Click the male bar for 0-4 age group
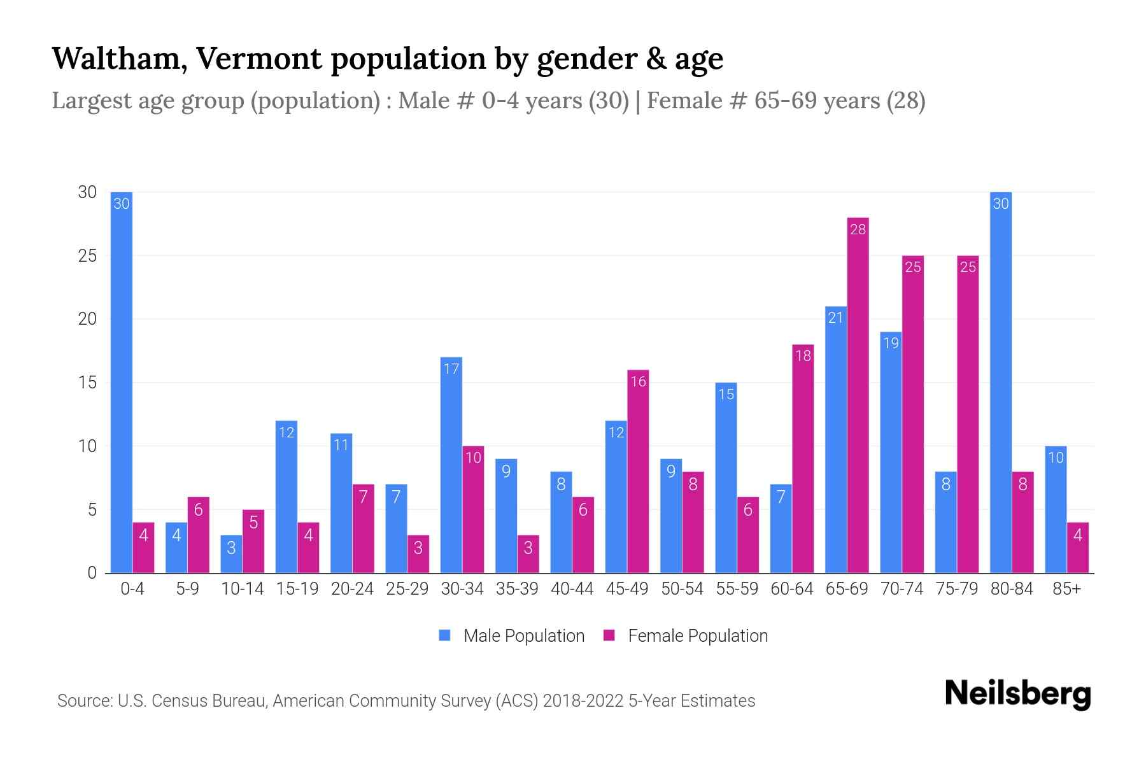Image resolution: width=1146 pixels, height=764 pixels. (122, 382)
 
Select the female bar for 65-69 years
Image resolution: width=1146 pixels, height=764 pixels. (858, 395)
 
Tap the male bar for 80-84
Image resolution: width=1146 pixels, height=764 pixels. (1001, 382)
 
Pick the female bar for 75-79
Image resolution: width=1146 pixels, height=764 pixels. (968, 414)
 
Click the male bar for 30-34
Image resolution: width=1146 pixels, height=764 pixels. (451, 465)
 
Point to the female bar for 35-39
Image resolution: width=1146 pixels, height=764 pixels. (528, 554)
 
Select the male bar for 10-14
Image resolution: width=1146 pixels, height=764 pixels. (231, 554)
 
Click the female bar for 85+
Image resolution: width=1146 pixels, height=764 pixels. (1078, 548)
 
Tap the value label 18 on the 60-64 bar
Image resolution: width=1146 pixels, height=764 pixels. (803, 355)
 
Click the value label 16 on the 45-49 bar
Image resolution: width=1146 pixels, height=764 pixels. (638, 381)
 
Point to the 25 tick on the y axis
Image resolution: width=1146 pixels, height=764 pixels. (87, 256)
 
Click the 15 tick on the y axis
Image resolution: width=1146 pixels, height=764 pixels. (87, 383)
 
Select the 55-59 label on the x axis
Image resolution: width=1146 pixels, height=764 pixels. (737, 589)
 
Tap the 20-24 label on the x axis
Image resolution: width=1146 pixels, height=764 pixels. (352, 589)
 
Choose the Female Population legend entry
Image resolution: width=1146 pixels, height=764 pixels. (686, 636)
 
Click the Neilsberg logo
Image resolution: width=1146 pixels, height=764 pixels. (1017, 694)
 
